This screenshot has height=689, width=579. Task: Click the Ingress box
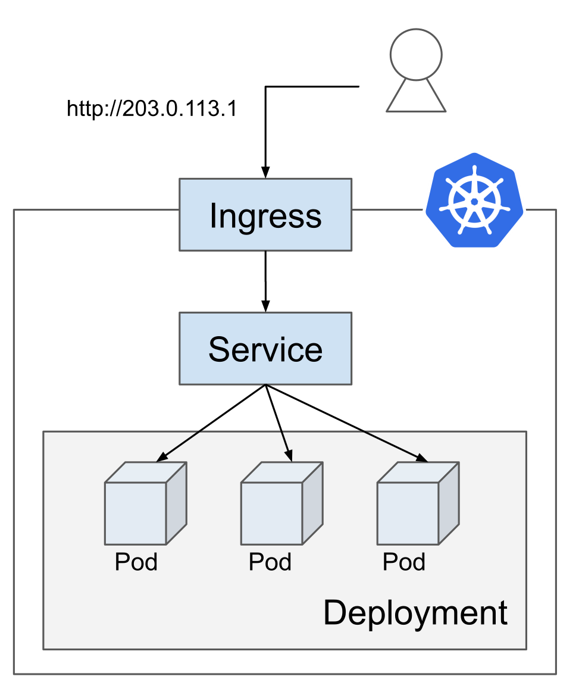point(265,215)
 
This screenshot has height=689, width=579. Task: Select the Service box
point(265,349)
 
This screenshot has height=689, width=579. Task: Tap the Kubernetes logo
point(474,201)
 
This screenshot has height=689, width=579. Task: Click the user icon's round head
point(416,55)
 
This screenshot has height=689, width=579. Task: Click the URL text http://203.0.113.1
point(152,108)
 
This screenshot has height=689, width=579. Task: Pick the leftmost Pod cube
point(146,503)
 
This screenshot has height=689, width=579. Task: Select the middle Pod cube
point(282,503)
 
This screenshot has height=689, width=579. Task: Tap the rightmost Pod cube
point(418,503)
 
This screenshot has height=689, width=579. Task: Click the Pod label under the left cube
point(136,562)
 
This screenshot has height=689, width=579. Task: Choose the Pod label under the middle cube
point(270,562)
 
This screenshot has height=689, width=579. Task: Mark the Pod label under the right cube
point(404,562)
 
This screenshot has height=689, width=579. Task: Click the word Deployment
point(415,613)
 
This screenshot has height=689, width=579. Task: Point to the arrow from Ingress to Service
point(265,281)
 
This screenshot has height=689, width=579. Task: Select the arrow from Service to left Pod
point(211,423)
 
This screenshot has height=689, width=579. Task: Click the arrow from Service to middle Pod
point(278,423)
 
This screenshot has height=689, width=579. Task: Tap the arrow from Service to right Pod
point(346,423)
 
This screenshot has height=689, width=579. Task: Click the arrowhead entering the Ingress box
point(265,173)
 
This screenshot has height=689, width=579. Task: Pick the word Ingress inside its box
point(265,217)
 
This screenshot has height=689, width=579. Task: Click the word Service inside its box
point(265,349)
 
